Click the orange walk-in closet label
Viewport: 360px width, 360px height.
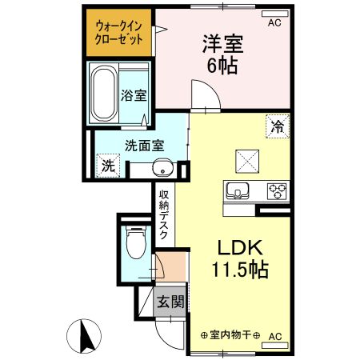[120, 33]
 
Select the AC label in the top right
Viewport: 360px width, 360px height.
[274, 22]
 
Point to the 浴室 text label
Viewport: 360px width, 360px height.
[134, 95]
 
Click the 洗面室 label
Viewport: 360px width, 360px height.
[143, 146]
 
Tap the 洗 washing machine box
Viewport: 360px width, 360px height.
[107, 167]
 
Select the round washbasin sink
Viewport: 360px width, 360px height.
[162, 169]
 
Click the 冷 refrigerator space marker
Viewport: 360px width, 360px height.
[277, 126]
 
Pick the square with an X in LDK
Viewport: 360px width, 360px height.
[245, 161]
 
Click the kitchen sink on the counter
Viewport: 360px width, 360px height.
[238, 192]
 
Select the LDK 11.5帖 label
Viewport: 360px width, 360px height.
[241, 258]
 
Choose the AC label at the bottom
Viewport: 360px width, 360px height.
[274, 336]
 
